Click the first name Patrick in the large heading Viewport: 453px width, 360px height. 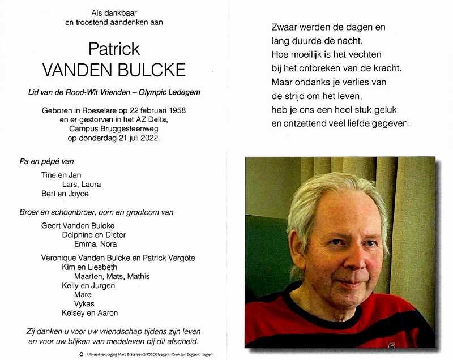114,49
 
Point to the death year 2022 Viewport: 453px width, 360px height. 150,136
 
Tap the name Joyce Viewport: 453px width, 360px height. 79,194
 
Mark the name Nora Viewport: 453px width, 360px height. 107,244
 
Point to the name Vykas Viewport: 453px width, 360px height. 85,303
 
